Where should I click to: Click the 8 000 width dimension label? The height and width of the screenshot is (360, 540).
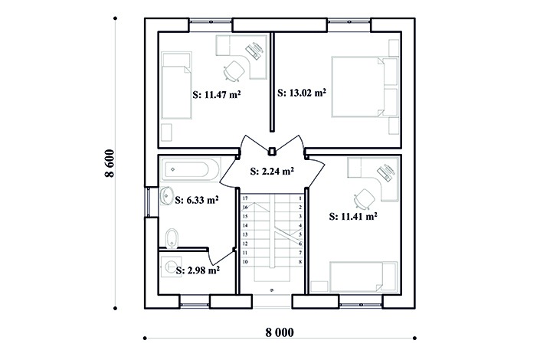(x=280, y=332)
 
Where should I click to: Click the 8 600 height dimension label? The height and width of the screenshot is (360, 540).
(x=110, y=163)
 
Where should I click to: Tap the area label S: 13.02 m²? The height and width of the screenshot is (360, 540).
(x=302, y=93)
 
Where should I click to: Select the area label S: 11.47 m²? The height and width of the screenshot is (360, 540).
(x=216, y=94)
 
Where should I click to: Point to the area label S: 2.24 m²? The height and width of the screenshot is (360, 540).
(x=272, y=172)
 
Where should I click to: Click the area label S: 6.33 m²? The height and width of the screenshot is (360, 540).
(x=197, y=200)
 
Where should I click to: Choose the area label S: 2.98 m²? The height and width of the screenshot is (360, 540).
(x=198, y=271)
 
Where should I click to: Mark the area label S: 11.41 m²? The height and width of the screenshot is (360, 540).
(x=353, y=216)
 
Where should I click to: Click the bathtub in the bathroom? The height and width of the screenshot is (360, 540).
(x=191, y=169)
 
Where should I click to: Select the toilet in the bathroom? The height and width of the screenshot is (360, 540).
(x=172, y=238)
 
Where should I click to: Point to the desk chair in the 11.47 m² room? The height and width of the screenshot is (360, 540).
(x=234, y=71)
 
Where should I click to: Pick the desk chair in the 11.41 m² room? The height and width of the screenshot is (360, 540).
(x=365, y=199)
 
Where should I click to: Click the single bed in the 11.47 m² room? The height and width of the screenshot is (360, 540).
(x=176, y=86)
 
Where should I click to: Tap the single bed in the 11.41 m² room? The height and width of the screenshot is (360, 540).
(x=364, y=277)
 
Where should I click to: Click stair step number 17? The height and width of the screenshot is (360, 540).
(x=245, y=198)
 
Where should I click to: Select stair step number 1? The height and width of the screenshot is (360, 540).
(x=300, y=198)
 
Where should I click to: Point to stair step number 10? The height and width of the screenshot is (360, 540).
(x=245, y=262)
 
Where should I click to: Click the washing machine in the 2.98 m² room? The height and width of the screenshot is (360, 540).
(x=172, y=266)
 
